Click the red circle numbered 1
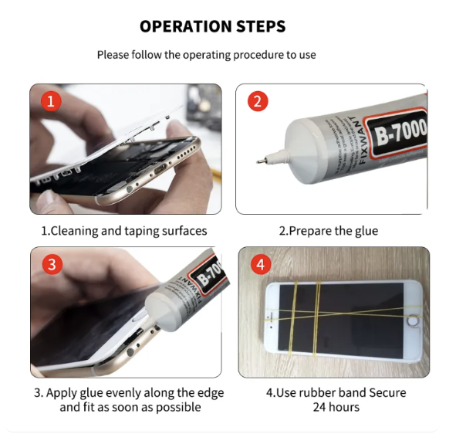pos(51,102)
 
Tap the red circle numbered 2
pos(258,102)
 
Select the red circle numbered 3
pos(51,265)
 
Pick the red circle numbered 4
pos(259,265)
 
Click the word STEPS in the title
pos(260,27)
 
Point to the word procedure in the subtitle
pos(236,56)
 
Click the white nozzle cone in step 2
pos(297,147)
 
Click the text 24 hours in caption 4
pos(336,408)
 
